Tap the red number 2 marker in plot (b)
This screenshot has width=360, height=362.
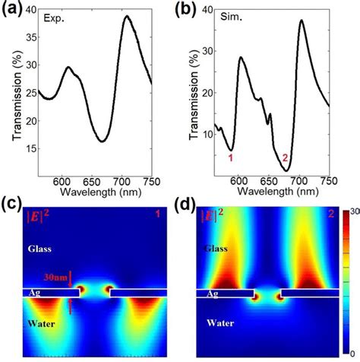click(286, 158)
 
